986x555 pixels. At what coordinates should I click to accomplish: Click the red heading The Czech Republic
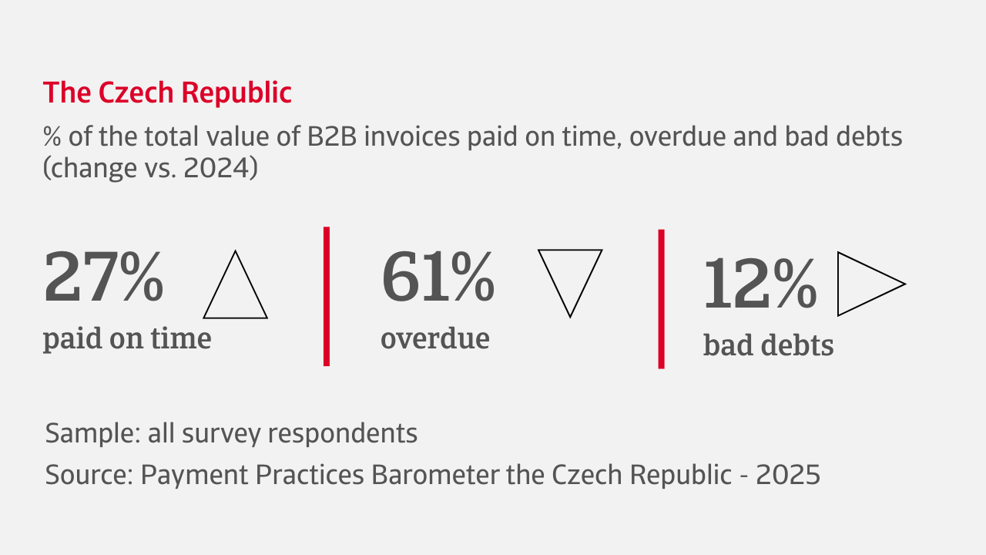click(167, 92)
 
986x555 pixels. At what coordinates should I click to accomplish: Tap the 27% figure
click(104, 276)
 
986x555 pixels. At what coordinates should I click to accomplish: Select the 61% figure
click(438, 276)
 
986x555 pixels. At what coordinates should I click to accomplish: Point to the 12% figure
click(760, 284)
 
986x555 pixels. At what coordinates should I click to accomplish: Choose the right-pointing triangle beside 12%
click(838, 284)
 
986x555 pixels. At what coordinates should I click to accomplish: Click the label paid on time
click(127, 339)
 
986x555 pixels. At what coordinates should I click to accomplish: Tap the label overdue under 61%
click(435, 338)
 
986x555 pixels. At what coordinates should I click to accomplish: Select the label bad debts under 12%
click(769, 345)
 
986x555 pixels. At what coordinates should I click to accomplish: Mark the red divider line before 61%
click(327, 297)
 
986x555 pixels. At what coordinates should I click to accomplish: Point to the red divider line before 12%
click(661, 299)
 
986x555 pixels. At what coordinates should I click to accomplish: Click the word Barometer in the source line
click(436, 475)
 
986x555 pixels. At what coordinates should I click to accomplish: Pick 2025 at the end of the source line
click(788, 475)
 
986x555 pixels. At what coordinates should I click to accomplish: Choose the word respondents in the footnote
click(343, 434)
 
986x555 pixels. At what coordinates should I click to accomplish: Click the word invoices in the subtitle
click(412, 136)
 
